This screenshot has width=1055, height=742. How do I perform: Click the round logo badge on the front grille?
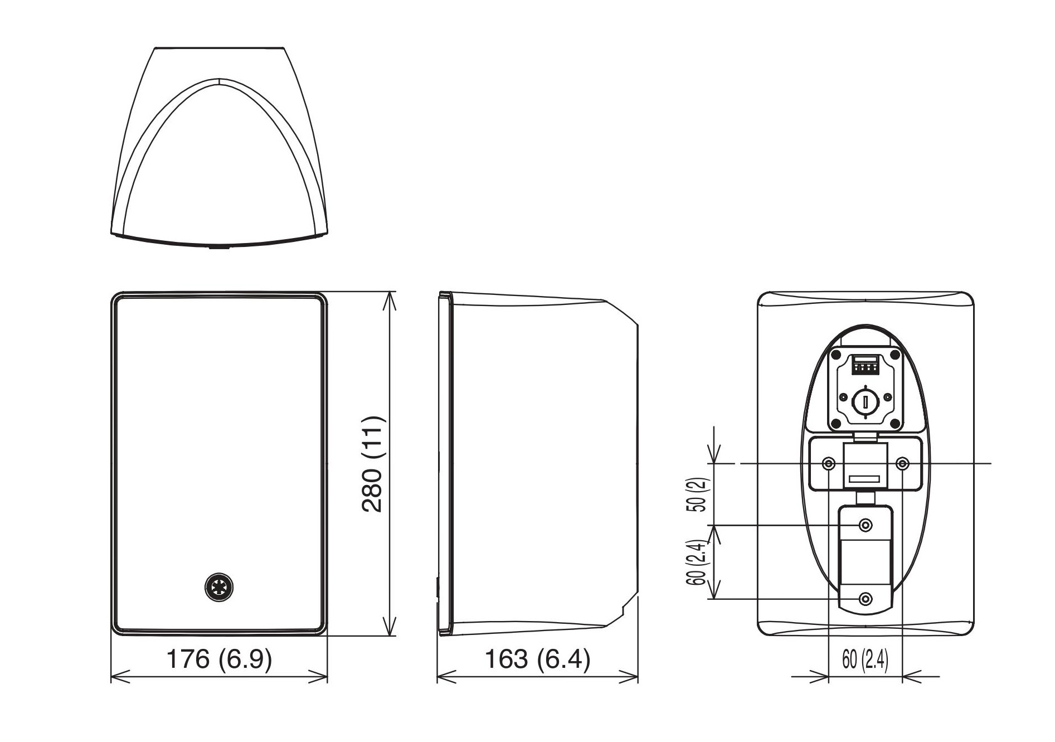[x=218, y=587]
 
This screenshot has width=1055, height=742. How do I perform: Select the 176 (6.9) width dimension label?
[x=219, y=659]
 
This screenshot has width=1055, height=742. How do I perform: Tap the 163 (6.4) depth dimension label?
[x=537, y=659]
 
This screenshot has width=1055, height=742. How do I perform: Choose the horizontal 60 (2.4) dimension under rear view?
[x=865, y=660]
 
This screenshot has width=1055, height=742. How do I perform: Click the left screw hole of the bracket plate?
[x=829, y=463]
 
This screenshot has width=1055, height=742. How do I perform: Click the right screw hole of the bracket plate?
[x=903, y=463]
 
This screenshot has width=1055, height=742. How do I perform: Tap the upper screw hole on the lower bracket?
[x=866, y=525]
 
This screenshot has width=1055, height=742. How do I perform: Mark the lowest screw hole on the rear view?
[x=865, y=599]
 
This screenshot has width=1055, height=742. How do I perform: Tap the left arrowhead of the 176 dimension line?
[x=119, y=677]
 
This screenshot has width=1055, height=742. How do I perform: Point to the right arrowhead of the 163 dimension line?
[x=630, y=677]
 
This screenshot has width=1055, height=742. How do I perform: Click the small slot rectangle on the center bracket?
[x=864, y=479]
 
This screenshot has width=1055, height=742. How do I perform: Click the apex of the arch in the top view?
[x=220, y=79]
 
